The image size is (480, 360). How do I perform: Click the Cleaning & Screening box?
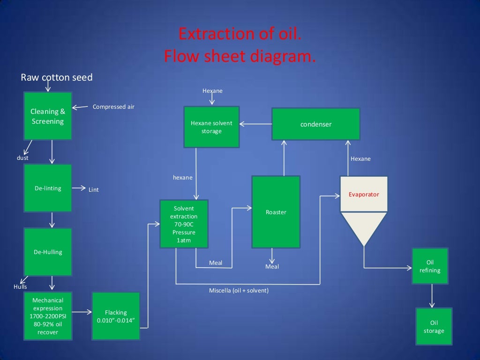click(x=48, y=116)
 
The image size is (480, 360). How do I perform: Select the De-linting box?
click(x=48, y=188)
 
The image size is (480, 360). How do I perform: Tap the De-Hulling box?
click(x=48, y=252)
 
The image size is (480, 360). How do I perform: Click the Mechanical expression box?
click(x=48, y=316)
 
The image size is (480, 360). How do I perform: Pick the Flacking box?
click(x=116, y=316)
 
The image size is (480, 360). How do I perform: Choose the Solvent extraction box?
click(x=184, y=224)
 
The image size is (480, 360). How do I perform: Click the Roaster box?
click(x=276, y=212)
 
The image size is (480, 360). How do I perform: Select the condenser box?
click(x=316, y=124)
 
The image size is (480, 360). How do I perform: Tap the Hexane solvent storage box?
click(x=211, y=127)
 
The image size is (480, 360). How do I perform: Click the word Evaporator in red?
click(x=364, y=194)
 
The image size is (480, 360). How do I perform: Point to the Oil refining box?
click(x=430, y=266)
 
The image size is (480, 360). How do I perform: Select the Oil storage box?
click(x=434, y=327)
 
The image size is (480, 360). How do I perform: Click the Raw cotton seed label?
click(x=57, y=77)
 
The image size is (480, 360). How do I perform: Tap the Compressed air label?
click(x=113, y=107)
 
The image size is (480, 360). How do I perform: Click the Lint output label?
click(x=94, y=190)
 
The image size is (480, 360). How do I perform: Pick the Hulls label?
click(x=20, y=286)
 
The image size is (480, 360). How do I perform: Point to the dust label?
click(x=22, y=158)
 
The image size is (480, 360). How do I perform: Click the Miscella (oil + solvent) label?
click(x=239, y=291)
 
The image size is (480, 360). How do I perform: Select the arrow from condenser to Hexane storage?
click(x=255, y=124)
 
